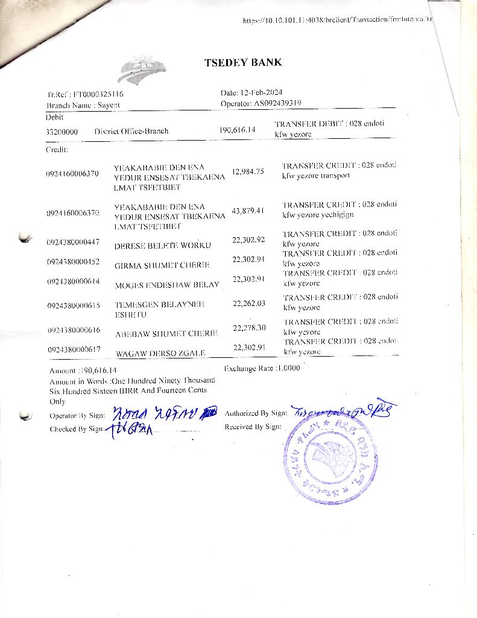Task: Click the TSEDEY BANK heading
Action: click(x=243, y=63)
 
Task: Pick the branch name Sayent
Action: click(x=109, y=105)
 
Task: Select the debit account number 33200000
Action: click(x=62, y=132)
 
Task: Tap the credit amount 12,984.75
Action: click(x=248, y=171)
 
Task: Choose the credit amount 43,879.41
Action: click(x=248, y=210)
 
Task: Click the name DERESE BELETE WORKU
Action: click(x=162, y=246)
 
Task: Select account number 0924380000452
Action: click(x=73, y=262)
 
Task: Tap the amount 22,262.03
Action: click(x=249, y=304)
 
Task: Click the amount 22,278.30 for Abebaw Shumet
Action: click(x=249, y=328)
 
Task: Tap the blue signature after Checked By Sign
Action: click(x=130, y=430)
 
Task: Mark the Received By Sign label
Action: click(x=253, y=427)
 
